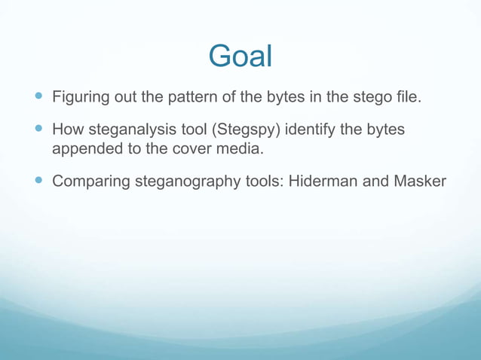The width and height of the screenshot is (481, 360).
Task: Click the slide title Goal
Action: [240, 56]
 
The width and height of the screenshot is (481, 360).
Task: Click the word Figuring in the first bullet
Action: [81, 98]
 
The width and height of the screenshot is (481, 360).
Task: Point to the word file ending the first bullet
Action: [406, 98]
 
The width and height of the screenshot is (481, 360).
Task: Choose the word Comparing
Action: [90, 182]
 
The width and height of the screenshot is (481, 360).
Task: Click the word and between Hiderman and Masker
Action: [375, 182]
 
